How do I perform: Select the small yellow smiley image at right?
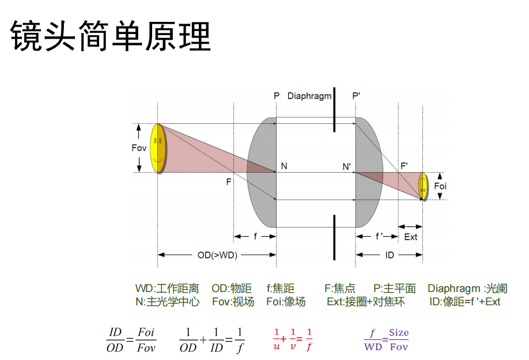422,185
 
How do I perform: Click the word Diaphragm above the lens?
309,96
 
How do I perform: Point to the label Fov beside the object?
139,148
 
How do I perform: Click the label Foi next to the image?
440,185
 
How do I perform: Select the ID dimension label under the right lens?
390,255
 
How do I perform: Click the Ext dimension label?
410,237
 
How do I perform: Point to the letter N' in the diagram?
347,167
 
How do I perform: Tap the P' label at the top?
356,96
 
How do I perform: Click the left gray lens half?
263,173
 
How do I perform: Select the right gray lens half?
369,173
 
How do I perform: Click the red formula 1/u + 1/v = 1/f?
293,339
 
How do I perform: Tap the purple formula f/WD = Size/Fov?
386,339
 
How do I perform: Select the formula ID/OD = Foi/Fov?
131,340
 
